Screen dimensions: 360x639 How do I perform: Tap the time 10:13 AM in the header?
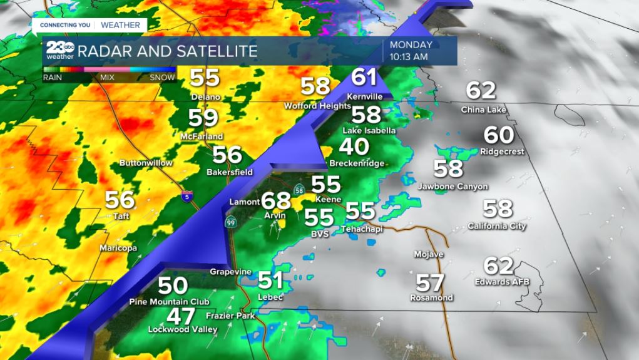[408, 57]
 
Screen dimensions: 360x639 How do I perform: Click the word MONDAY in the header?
[411, 45]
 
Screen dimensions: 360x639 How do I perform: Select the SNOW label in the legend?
[161, 78]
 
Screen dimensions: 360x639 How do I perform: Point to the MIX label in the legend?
[107, 78]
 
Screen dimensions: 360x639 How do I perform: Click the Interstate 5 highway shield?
[186, 197]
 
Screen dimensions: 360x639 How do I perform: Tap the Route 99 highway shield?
[231, 222]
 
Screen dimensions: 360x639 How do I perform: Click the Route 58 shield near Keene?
[300, 190]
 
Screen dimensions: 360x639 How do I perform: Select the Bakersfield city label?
[229, 172]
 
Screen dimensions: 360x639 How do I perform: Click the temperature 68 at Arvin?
[276, 201]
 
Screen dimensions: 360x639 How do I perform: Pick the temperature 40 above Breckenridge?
[354, 147]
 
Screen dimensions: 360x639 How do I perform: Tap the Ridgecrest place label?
[502, 152]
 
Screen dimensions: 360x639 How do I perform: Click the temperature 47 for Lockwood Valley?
[180, 316]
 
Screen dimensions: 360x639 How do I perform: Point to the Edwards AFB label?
[502, 282]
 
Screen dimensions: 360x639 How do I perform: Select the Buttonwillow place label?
[146, 163]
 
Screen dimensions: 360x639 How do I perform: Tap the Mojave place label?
[429, 254]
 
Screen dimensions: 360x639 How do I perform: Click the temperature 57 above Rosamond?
[430, 282]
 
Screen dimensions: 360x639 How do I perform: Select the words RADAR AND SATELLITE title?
[168, 51]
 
